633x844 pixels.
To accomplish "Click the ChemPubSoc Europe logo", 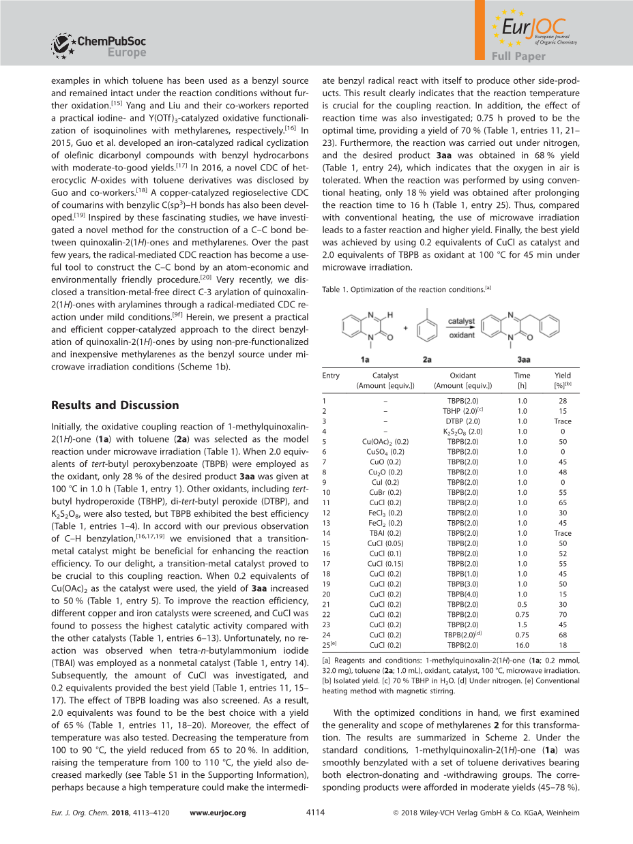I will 99,46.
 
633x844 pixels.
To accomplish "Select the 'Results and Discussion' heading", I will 115,405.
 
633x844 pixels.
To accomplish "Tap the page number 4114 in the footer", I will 316,813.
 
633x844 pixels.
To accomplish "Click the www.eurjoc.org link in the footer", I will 218,813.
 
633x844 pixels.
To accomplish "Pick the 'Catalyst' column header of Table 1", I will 385,376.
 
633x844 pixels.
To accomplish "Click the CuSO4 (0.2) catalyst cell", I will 385,451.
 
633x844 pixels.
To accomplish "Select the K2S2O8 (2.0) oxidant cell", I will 462,432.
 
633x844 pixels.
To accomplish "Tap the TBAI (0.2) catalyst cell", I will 385,533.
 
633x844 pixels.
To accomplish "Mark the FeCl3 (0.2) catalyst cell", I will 385,513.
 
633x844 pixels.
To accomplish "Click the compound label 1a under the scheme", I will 366,359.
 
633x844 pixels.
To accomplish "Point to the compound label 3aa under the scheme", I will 524,359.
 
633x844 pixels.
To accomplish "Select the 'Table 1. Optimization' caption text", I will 402,290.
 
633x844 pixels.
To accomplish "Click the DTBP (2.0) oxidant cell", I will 462,421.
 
